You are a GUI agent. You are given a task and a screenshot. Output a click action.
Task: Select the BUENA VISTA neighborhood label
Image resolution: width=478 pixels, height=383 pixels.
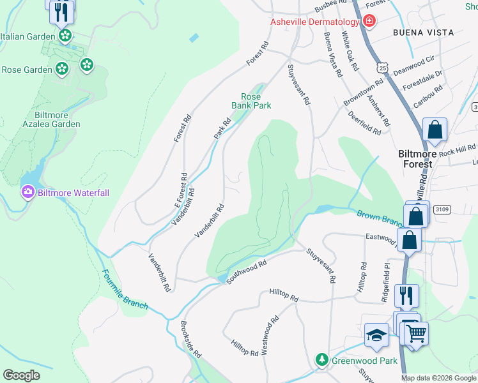tap(423, 33)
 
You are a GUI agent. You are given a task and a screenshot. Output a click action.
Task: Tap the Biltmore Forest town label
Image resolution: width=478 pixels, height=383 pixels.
tap(424, 159)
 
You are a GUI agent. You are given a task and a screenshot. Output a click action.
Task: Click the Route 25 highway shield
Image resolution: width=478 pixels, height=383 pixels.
tap(382, 68)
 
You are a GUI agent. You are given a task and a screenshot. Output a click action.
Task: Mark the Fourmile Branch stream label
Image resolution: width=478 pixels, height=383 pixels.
tap(125, 290)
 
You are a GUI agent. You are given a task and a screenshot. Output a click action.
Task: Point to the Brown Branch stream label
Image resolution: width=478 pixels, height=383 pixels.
tap(379, 219)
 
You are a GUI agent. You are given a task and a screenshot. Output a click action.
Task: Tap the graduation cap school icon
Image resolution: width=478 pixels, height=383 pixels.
tap(376, 335)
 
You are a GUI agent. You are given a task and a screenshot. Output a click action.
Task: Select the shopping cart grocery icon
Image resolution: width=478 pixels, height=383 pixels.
tap(415, 333)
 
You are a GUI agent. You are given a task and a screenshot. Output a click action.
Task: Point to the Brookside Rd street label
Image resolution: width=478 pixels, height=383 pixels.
tap(191, 340)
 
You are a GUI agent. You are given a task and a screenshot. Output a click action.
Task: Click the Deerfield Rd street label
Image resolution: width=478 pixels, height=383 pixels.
tap(365, 123)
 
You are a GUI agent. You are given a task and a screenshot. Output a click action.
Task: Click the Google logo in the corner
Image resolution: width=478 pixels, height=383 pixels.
tap(21, 375)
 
